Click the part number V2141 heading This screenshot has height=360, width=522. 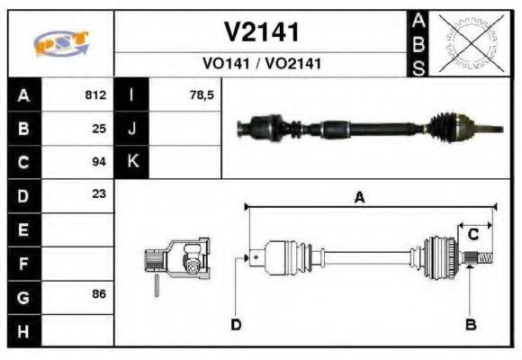tap(261, 33)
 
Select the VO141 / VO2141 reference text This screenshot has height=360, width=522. tap(261, 64)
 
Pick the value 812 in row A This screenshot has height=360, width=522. tap(95, 94)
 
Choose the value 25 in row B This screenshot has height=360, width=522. tap(99, 128)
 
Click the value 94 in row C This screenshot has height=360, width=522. tap(99, 162)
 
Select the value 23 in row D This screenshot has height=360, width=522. tap(99, 193)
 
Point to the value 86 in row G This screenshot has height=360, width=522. tap(99, 294)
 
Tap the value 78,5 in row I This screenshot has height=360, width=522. tap(202, 94)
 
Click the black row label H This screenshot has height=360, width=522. tap(23, 331)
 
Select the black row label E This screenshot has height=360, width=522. tap(23, 229)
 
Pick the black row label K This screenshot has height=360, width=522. tap(132, 162)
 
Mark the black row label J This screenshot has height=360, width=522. tap(132, 128)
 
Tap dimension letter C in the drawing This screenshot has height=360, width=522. tap(472, 235)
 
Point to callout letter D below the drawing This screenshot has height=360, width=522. tap(236, 324)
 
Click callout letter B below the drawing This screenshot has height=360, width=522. tap(470, 324)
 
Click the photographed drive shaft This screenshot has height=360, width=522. tap(360, 128)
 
